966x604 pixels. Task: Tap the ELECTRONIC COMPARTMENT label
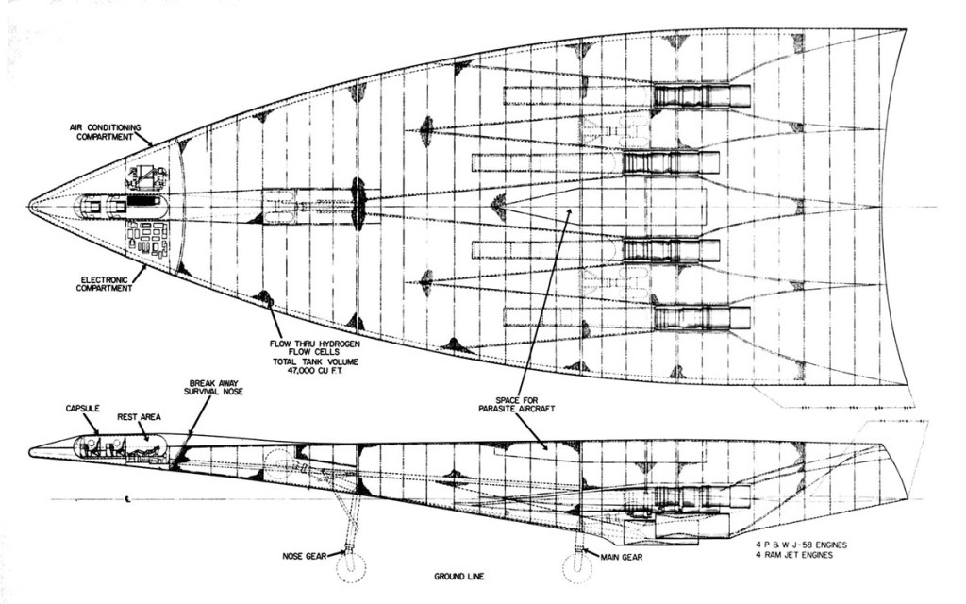(x=105, y=284)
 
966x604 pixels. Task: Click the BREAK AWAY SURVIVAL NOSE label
(x=215, y=387)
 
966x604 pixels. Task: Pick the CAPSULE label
(x=82, y=409)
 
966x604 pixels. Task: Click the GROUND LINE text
(x=458, y=576)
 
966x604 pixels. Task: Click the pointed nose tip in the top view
(x=31, y=204)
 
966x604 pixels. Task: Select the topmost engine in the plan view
(x=701, y=95)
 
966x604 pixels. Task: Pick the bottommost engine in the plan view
(x=701, y=317)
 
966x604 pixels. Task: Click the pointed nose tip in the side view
(x=31, y=451)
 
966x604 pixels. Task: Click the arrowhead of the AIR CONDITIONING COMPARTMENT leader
(x=151, y=145)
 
